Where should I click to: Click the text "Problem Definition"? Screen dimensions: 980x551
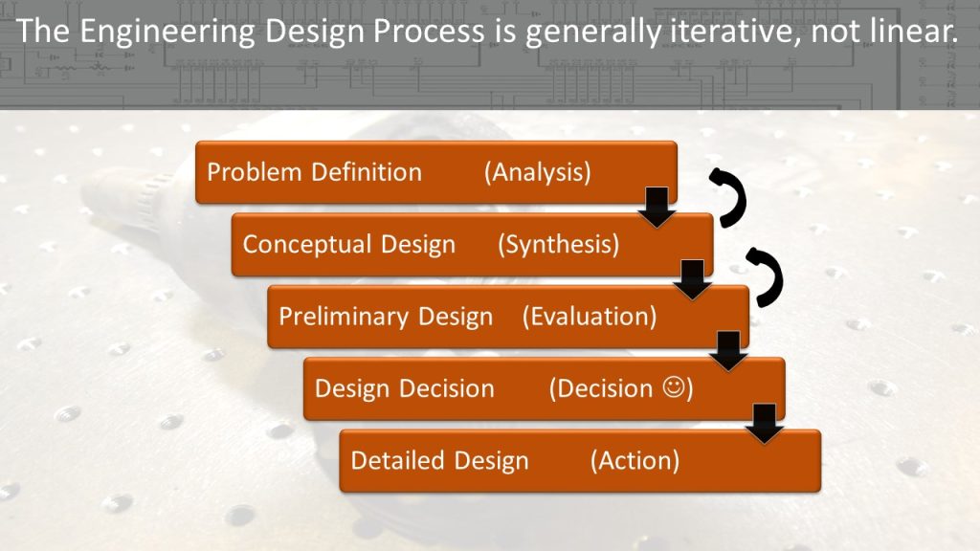tap(314, 172)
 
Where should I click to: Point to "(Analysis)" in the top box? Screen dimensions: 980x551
tap(538, 172)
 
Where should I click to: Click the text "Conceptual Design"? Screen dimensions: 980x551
tap(348, 244)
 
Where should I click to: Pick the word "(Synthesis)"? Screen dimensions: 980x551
tap(558, 244)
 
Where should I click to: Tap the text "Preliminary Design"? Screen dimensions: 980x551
tap(386, 317)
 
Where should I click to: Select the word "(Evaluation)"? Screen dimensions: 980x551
tap(590, 316)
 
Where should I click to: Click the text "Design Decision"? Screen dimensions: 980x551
tap(405, 388)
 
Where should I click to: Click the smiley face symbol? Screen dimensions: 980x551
tap(674, 387)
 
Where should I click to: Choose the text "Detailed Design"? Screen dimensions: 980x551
tap(439, 460)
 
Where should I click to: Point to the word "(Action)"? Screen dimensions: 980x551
tap(635, 460)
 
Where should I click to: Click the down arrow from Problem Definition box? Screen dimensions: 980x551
tap(657, 208)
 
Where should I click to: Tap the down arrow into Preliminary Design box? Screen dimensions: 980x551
tap(693, 280)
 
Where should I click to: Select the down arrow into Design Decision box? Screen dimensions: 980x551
tap(728, 352)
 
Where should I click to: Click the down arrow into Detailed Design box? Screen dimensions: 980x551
tap(765, 424)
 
